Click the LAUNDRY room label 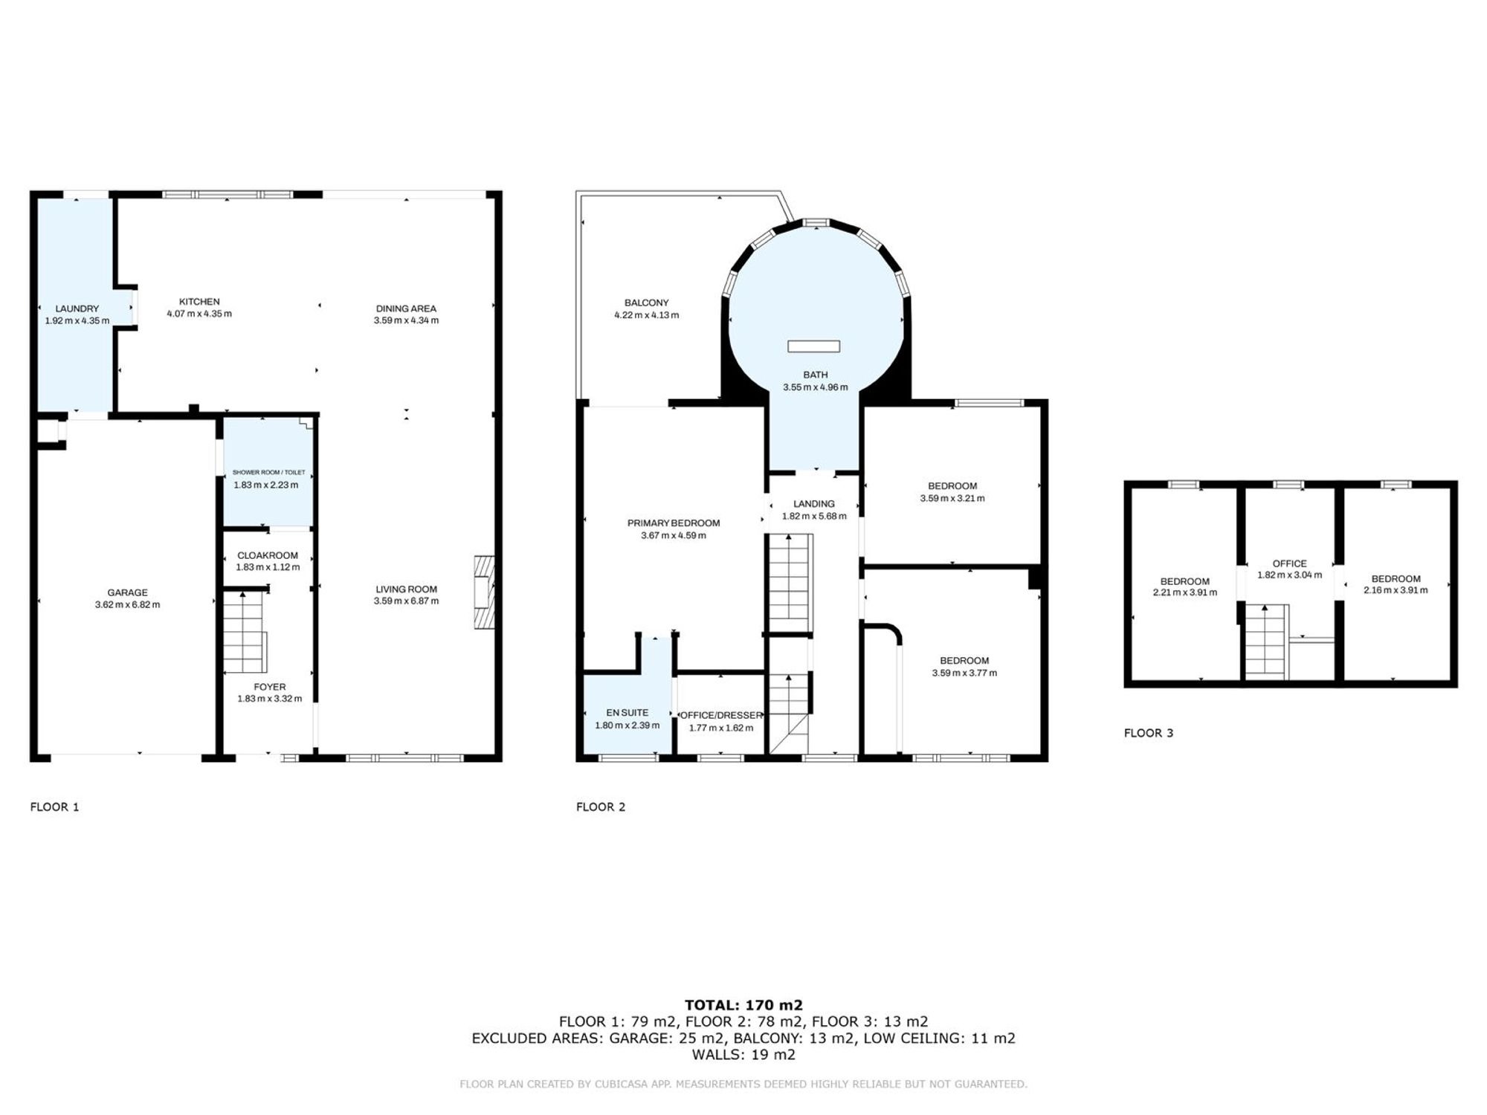coord(77,308)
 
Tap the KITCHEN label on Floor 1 coord(199,302)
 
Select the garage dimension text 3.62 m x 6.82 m coord(127,605)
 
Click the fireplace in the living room coord(484,592)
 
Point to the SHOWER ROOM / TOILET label coord(268,473)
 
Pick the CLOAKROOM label coord(268,555)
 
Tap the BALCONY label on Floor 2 coord(647,303)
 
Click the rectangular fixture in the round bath coord(814,346)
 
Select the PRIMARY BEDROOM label coord(674,523)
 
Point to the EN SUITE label coord(628,713)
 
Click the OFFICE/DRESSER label coord(721,716)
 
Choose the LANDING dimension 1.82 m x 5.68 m coord(814,517)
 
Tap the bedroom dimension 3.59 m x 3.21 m coord(952,499)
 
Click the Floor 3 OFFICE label coord(1289,563)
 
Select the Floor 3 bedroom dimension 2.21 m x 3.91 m coord(1185,593)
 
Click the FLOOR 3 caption coord(1149,733)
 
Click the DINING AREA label coord(406,308)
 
